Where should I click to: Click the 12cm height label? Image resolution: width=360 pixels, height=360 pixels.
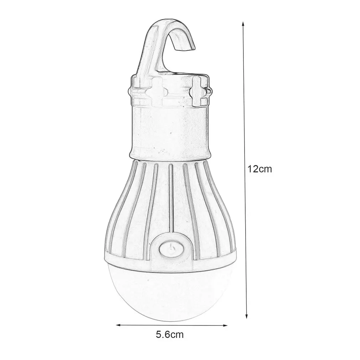(x=260, y=169)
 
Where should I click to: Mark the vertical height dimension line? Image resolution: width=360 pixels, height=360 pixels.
(x=245, y=107)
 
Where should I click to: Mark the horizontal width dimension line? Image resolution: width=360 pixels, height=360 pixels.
(x=171, y=325)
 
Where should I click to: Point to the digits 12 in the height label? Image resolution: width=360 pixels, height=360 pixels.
(x=254, y=169)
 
